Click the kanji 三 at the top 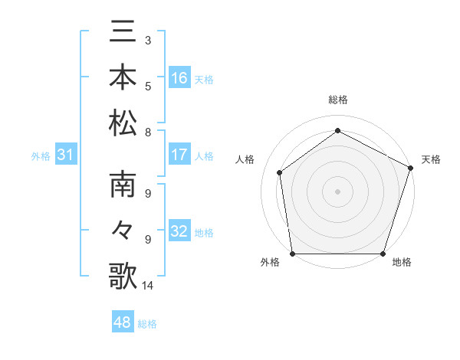tap(123, 32)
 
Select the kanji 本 tap(123, 77)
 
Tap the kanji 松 tap(123, 123)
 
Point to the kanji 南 tap(123, 186)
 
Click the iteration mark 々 tap(123, 231)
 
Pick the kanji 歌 tap(123, 276)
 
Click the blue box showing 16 tap(179, 77)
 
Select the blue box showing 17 tap(179, 155)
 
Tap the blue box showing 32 tap(179, 232)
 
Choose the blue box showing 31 tap(65, 155)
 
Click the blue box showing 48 tap(123, 322)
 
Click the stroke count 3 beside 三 tap(147, 39)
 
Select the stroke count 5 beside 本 tap(147, 86)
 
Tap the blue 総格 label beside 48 tap(147, 324)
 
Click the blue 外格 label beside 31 tap(41, 156)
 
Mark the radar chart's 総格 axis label tap(337, 100)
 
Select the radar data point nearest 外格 tap(293, 254)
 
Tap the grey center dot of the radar tap(337, 191)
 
